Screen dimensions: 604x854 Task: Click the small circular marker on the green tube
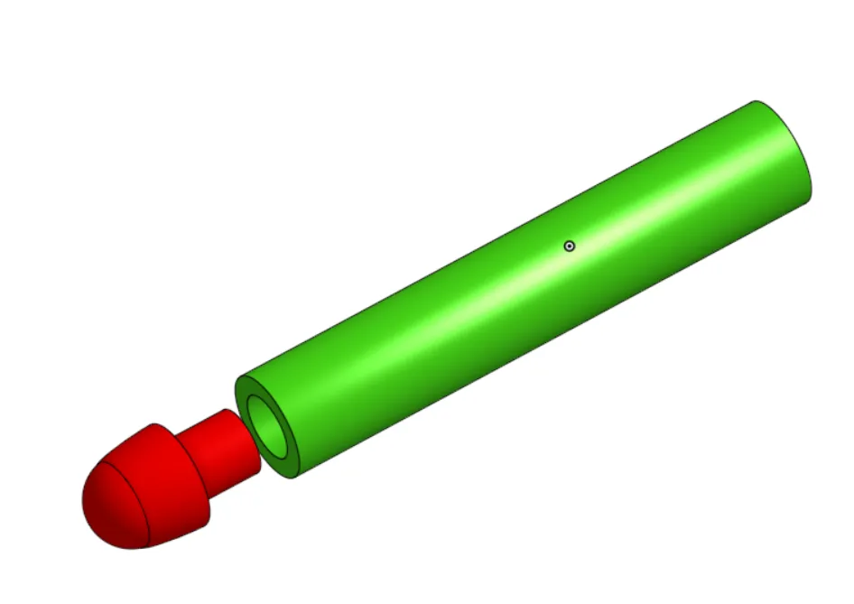(569, 246)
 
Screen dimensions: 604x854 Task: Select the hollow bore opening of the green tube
(268, 423)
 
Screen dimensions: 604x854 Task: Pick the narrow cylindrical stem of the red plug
(221, 450)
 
